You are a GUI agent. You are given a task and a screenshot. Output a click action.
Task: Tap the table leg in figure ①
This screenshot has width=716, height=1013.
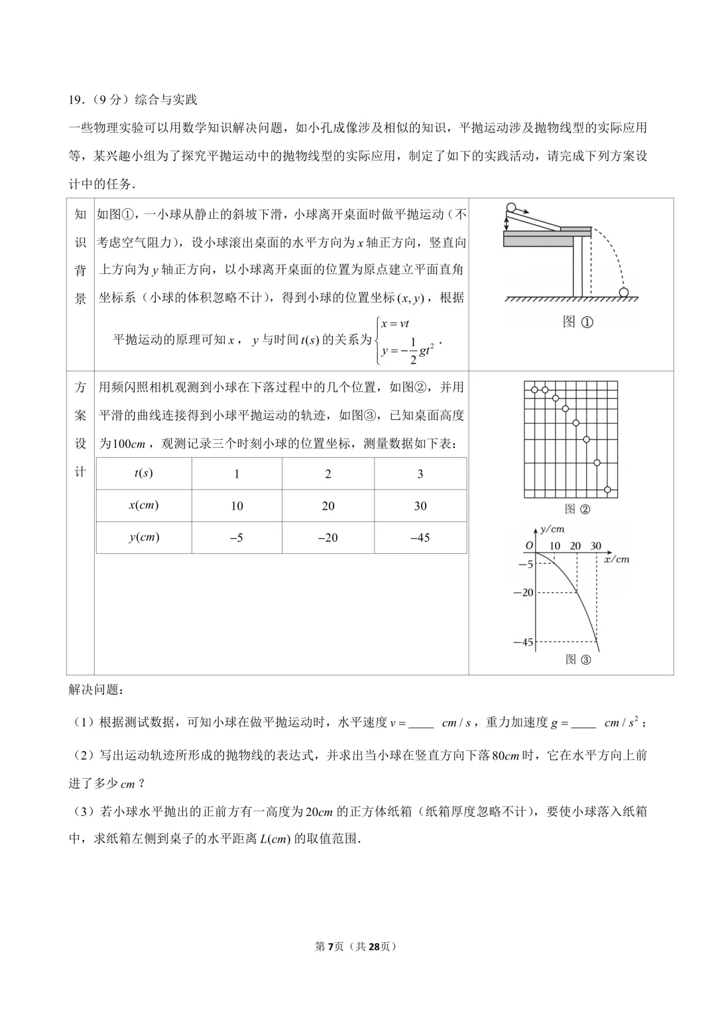coord(578,265)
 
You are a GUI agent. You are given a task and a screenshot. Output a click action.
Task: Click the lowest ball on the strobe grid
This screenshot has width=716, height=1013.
coord(607,490)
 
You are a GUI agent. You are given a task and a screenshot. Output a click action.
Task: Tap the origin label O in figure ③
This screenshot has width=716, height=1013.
coord(529,545)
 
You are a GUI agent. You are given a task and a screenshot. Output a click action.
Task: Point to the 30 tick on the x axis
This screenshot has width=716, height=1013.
coord(596,545)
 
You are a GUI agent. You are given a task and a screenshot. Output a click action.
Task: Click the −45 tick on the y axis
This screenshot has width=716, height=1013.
coord(523,642)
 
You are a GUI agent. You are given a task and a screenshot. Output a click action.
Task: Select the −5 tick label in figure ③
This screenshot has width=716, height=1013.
coord(525,564)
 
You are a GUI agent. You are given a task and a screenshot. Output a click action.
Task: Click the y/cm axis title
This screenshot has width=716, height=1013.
coord(552,529)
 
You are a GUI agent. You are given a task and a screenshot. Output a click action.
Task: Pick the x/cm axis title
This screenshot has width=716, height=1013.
coord(617,559)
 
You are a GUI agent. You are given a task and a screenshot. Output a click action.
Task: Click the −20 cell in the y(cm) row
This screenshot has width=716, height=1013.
coord(328,537)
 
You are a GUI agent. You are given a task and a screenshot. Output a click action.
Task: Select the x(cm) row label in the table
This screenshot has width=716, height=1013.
coord(144,505)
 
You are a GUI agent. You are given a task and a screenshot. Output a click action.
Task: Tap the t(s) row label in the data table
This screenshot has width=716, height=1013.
coord(144,473)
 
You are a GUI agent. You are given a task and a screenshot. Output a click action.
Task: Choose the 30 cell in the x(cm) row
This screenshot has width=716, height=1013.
coord(420,506)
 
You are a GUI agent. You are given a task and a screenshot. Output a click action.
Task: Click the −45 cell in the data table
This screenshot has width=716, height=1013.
coord(420,537)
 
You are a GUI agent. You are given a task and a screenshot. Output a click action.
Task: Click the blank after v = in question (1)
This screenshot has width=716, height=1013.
coord(421,724)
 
